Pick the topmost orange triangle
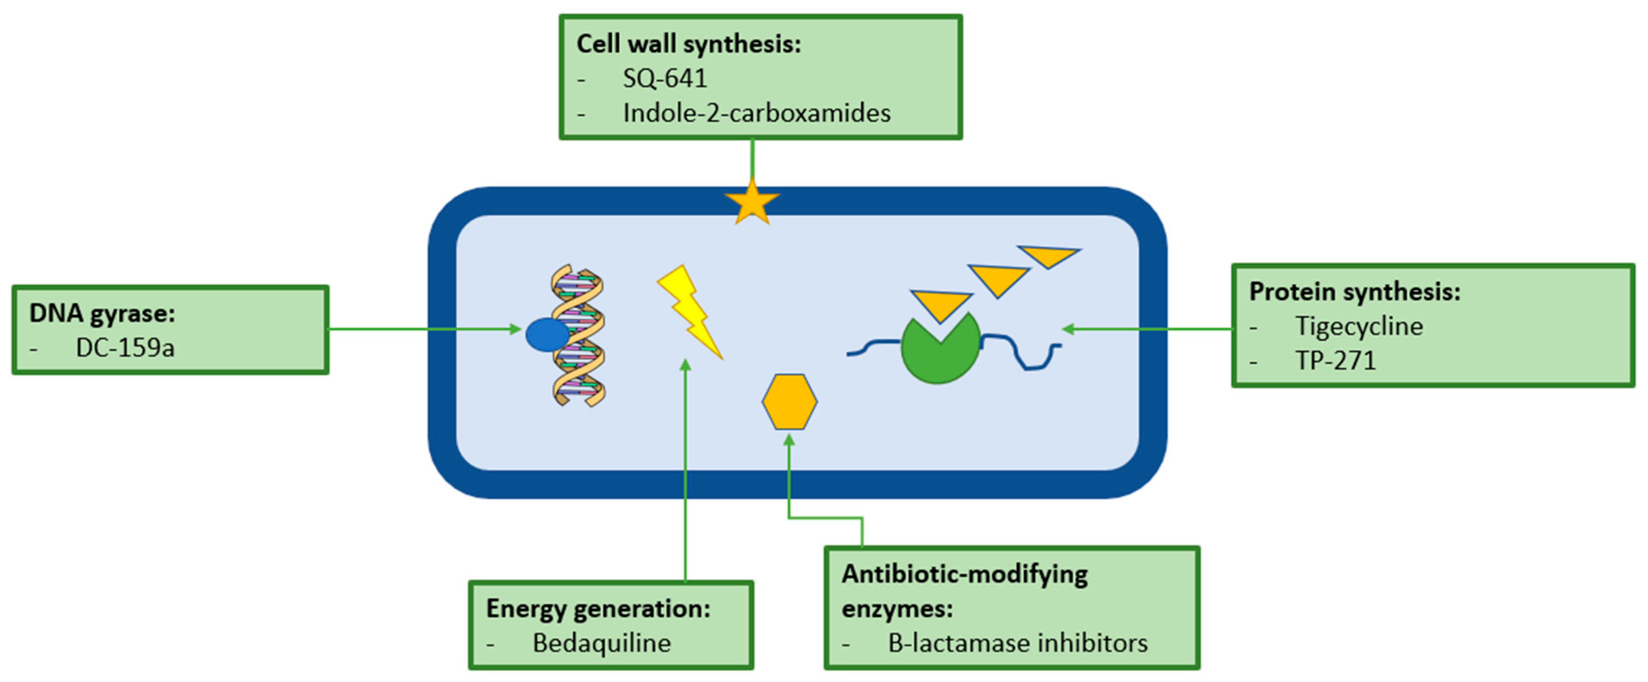pyautogui.click(x=1049, y=255)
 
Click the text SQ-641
pyautogui.click(x=665, y=79)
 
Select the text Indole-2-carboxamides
pyautogui.click(x=756, y=113)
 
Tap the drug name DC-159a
pyautogui.click(x=125, y=348)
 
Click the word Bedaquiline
pyautogui.click(x=601, y=643)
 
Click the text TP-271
pyautogui.click(x=1335, y=361)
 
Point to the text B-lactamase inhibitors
pyautogui.click(x=1017, y=643)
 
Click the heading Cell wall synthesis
pyautogui.click(x=689, y=44)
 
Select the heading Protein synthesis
pyautogui.click(x=1354, y=292)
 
